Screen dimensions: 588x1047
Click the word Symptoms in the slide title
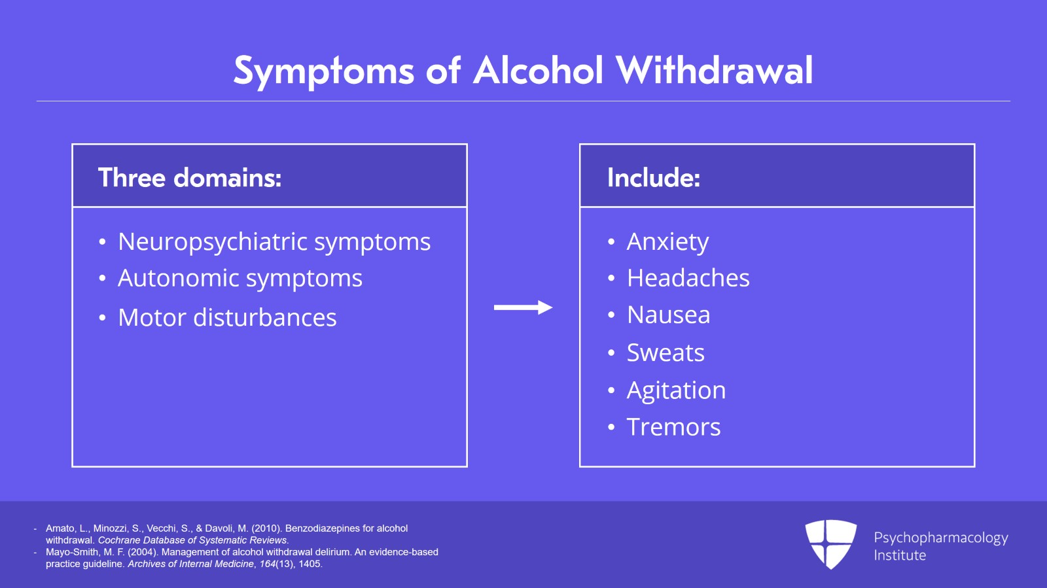(x=323, y=71)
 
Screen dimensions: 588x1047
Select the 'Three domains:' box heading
(x=190, y=178)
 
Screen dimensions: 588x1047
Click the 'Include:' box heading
(x=654, y=178)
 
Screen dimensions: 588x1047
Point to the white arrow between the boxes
(x=523, y=307)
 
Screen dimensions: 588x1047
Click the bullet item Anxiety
(x=667, y=242)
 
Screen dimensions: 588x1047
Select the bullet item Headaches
(x=688, y=279)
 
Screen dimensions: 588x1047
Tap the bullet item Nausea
(x=668, y=315)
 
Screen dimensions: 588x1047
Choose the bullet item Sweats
(x=665, y=353)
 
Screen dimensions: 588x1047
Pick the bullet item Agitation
(x=676, y=390)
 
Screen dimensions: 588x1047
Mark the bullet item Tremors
(x=673, y=427)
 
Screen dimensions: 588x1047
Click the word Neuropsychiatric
(x=213, y=243)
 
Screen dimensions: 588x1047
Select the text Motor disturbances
(x=227, y=318)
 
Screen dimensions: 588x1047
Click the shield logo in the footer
(x=830, y=544)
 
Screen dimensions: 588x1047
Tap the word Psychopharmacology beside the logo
(x=940, y=538)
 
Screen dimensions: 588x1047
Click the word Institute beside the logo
(x=900, y=555)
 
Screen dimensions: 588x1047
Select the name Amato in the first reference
(x=60, y=528)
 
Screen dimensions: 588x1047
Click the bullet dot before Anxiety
(x=611, y=242)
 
